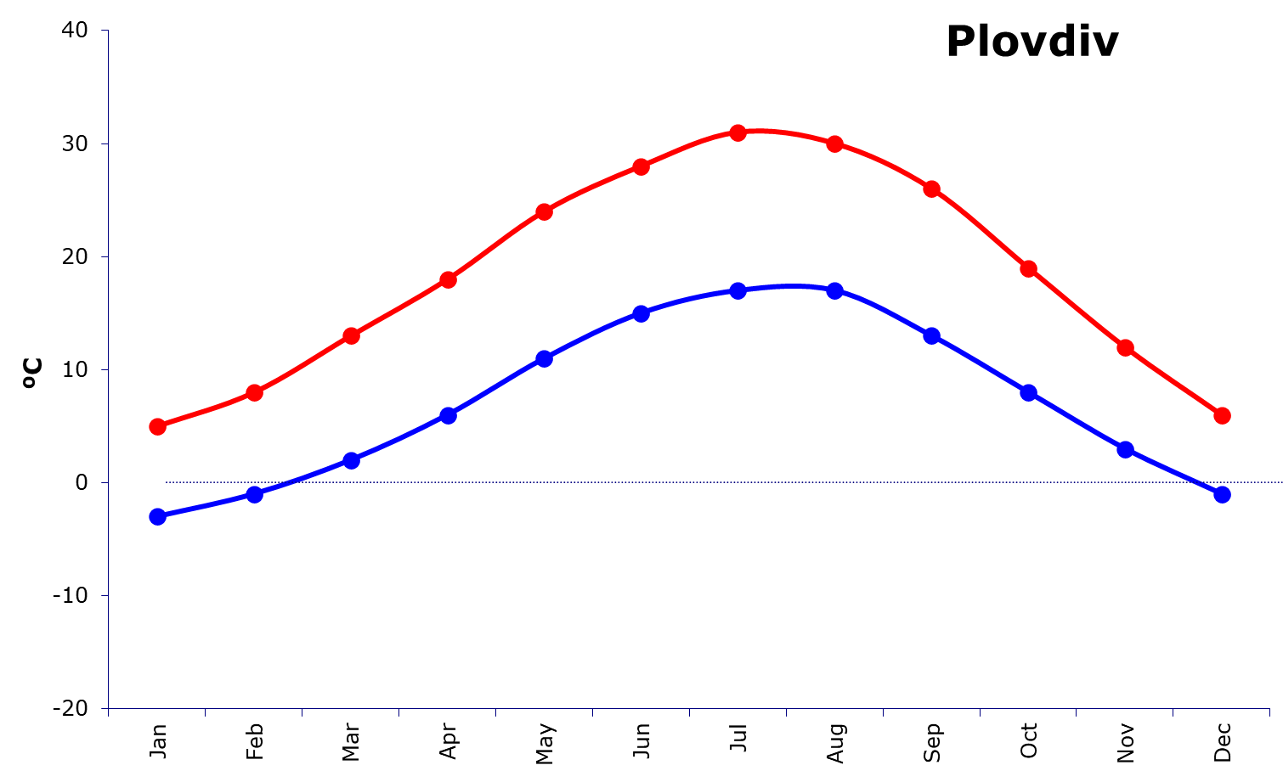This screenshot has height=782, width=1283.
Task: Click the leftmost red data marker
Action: click(157, 426)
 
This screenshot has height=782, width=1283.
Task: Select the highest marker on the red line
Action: click(738, 132)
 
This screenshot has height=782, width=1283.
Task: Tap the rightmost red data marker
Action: click(1222, 415)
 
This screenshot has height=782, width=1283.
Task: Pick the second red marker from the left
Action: click(254, 392)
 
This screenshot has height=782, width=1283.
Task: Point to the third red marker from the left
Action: click(351, 335)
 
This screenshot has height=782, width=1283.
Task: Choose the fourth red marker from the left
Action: click(448, 279)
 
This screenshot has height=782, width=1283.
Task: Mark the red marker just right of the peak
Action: click(834, 143)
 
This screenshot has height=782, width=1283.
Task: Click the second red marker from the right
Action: click(1125, 347)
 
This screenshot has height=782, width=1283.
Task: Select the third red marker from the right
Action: click(1028, 268)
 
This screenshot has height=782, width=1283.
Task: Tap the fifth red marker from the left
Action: click(545, 211)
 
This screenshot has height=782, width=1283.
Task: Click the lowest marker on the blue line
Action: click(157, 516)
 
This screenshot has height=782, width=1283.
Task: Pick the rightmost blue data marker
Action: click(1222, 494)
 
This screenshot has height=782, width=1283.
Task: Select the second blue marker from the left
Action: click(254, 494)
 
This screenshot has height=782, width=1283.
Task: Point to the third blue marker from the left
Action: click(351, 460)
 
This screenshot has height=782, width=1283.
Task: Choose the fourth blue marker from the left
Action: click(448, 415)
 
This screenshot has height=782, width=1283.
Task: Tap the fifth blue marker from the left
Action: click(545, 358)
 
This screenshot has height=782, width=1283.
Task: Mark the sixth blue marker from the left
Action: click(641, 313)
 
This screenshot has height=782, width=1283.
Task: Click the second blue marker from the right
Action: click(1125, 449)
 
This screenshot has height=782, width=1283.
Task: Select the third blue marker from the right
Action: click(1028, 392)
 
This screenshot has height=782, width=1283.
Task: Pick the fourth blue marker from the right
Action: click(931, 335)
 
